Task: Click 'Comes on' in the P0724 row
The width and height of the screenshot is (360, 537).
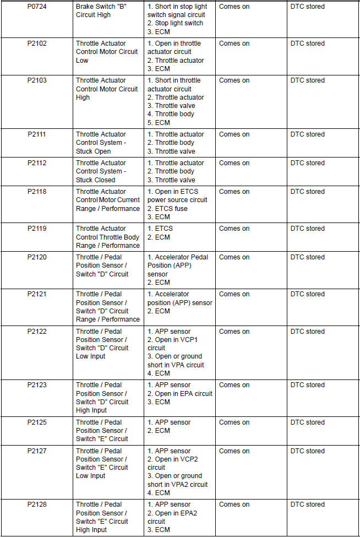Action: (x=234, y=7)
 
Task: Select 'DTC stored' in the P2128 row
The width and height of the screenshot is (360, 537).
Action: (x=307, y=505)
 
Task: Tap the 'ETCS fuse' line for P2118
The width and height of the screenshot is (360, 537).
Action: (x=167, y=209)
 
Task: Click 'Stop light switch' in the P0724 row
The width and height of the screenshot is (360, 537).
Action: (x=175, y=23)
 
